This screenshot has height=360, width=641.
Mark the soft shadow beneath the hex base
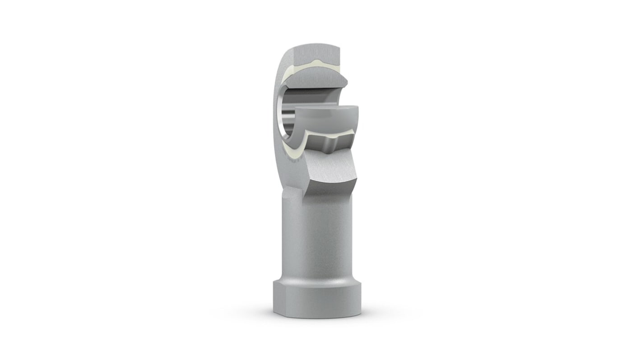click(x=316, y=317)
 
